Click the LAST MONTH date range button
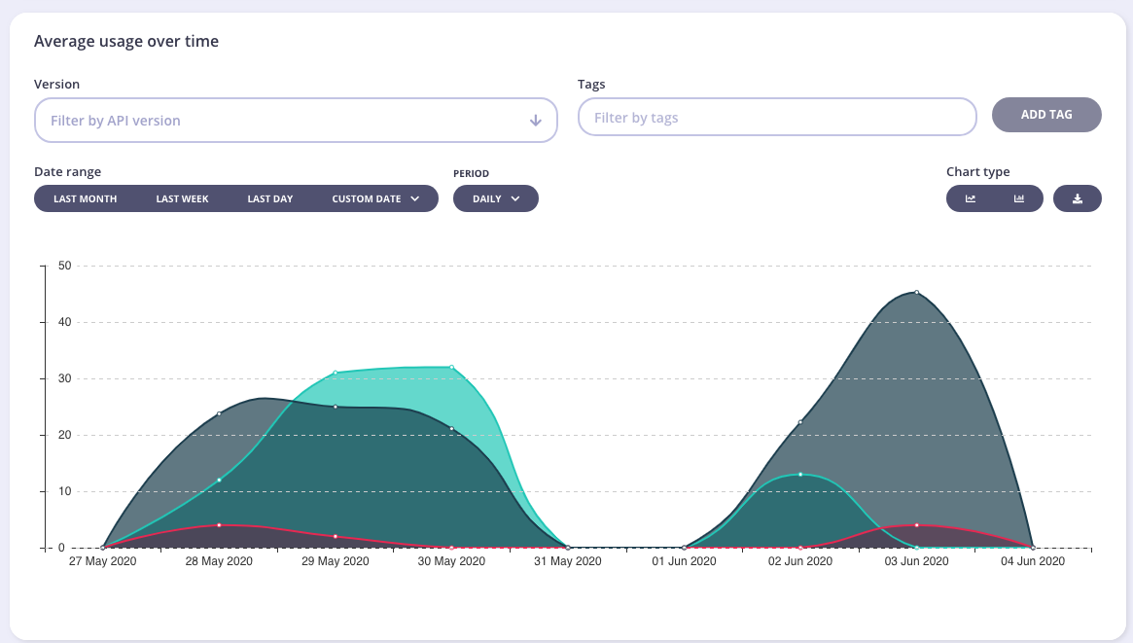coord(86,198)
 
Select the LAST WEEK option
coord(182,198)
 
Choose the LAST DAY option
coord(269,198)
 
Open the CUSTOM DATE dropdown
coord(375,198)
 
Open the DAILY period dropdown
coord(495,198)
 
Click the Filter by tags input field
coord(776,118)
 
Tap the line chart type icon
coord(971,198)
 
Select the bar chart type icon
coord(1019,198)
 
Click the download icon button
coord(1077,198)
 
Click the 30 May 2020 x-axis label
coord(451,561)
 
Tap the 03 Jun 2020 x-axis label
coord(915,561)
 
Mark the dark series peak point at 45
coord(916,292)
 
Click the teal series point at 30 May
coord(451,367)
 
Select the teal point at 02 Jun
coord(800,474)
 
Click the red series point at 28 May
coord(219,525)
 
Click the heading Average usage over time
coord(126,41)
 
